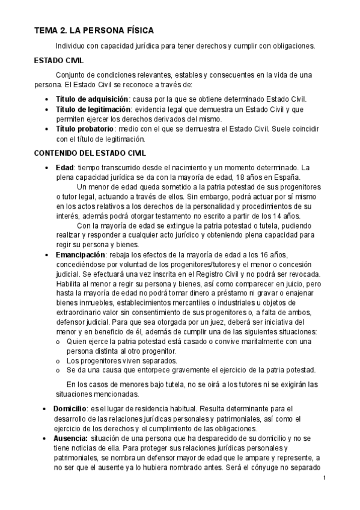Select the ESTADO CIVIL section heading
click(59, 61)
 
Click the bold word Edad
click(65, 167)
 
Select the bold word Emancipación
click(81, 256)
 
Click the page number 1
click(324, 478)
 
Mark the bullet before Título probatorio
click(47, 129)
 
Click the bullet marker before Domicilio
click(47, 409)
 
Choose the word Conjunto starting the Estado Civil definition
click(73, 75)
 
